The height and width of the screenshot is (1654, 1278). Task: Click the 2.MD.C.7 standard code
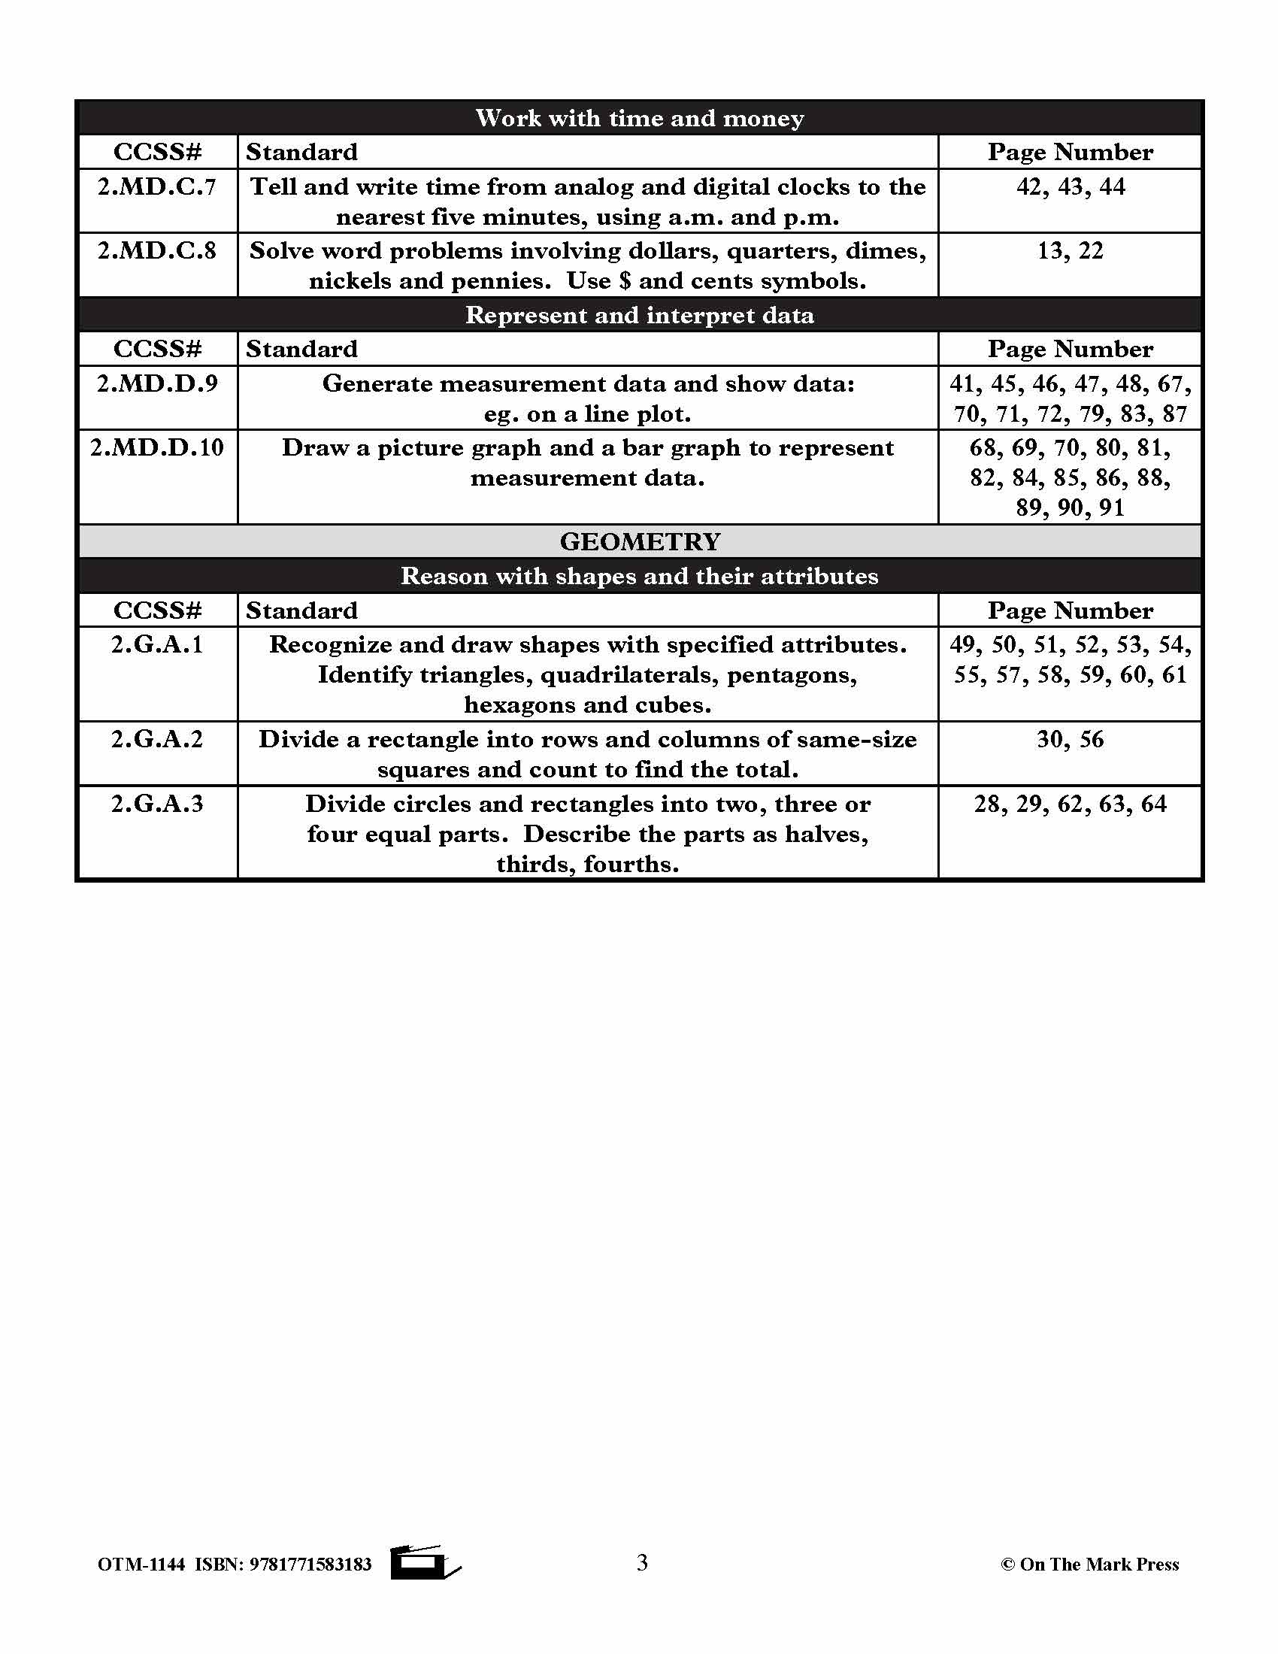[x=156, y=187]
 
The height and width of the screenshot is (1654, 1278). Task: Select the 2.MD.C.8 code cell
[x=156, y=250]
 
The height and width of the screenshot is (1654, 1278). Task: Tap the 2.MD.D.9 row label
[x=156, y=384]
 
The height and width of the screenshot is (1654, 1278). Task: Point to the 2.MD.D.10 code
[x=156, y=447]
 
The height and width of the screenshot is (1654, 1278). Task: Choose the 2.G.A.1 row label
[x=156, y=644]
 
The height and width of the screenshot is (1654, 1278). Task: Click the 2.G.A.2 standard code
[x=156, y=739]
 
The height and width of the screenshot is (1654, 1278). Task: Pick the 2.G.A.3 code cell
[x=156, y=804]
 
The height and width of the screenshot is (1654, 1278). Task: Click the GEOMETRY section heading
[x=640, y=541]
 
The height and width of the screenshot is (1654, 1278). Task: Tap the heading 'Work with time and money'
[x=640, y=118]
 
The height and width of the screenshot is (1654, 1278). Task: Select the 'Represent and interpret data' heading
[x=640, y=315]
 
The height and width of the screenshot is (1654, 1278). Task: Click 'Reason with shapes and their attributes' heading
[x=640, y=577]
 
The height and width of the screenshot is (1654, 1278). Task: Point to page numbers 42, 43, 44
[x=1070, y=187]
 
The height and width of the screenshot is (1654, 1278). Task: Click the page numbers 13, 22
[x=1070, y=250]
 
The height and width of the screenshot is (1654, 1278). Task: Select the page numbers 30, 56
[x=1070, y=739]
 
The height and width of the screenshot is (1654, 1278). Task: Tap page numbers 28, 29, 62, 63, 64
[x=1070, y=804]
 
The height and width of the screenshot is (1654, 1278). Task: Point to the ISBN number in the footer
[x=310, y=1565]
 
